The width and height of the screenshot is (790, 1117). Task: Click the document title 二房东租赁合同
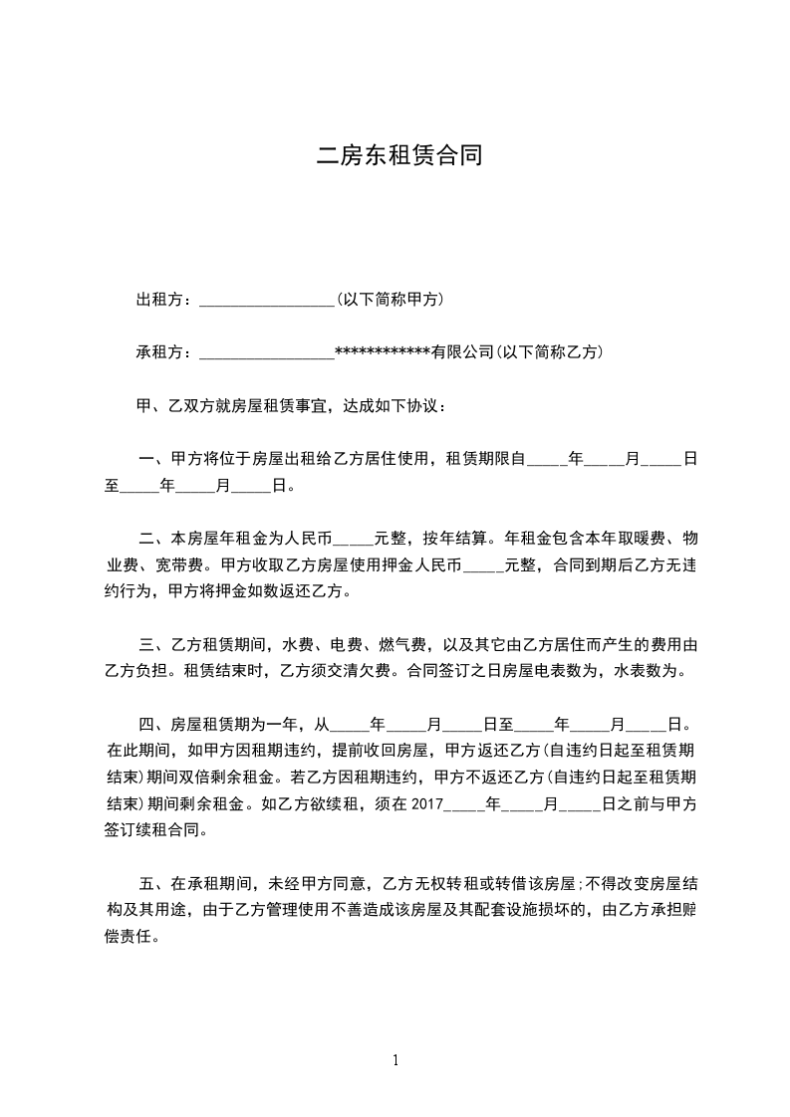[399, 155]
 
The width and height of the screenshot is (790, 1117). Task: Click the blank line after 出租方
[267, 300]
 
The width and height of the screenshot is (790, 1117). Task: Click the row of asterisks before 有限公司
[383, 352]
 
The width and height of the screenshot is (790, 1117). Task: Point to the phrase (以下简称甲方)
[390, 300]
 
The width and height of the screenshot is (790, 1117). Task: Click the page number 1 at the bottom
[395, 1060]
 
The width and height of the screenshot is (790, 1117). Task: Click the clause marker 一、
[154, 459]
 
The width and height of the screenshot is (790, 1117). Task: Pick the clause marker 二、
[154, 540]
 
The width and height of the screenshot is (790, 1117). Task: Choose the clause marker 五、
[154, 883]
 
